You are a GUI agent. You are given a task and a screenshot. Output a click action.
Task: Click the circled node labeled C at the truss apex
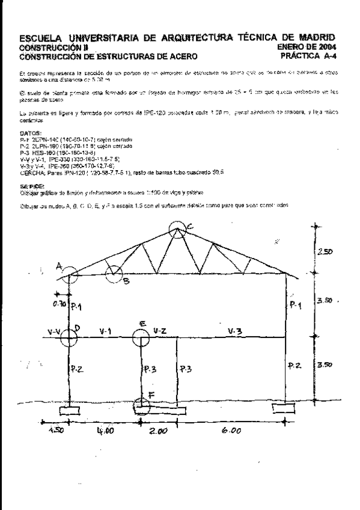point(177,230)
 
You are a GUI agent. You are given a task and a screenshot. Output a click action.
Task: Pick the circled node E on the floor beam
point(142,337)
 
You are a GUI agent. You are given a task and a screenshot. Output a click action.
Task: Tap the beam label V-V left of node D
point(55,331)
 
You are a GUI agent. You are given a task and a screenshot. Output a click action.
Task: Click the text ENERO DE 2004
point(307,46)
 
